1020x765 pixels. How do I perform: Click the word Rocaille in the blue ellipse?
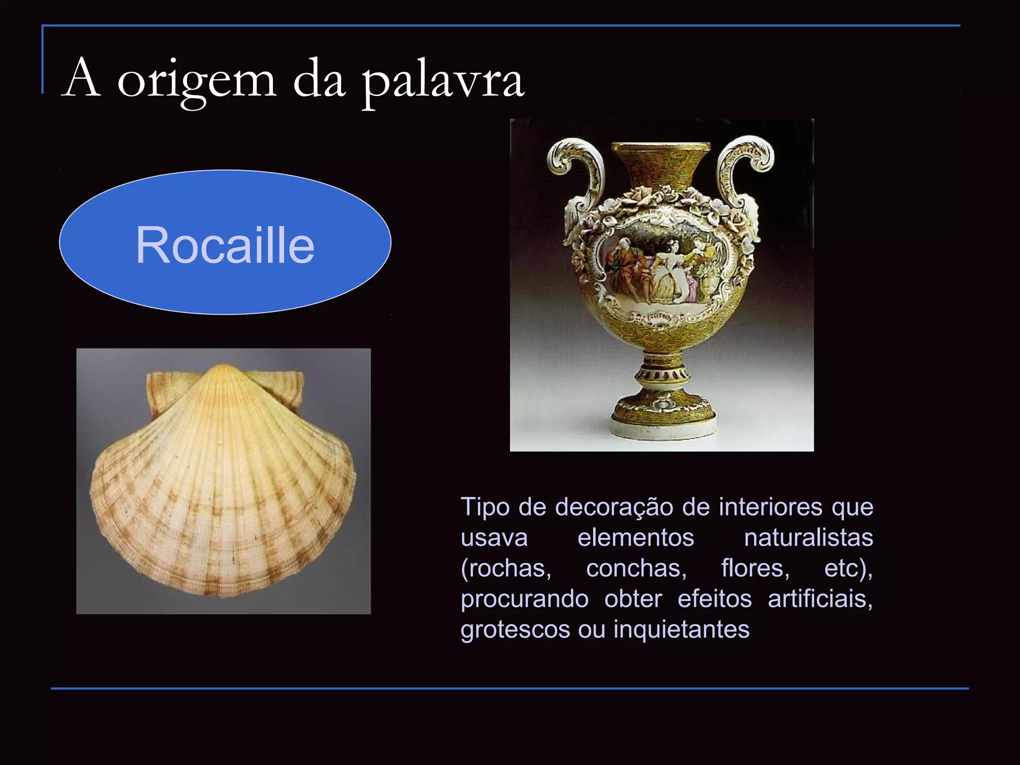pos(225,245)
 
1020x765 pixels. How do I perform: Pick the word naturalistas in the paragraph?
pos(808,538)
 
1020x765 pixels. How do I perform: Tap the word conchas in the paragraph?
pos(636,568)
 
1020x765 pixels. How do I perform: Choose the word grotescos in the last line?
pos(515,629)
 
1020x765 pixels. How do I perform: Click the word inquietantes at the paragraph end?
pos(681,629)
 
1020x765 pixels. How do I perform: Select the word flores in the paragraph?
pos(755,568)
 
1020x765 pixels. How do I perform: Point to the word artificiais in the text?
pos(819,599)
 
